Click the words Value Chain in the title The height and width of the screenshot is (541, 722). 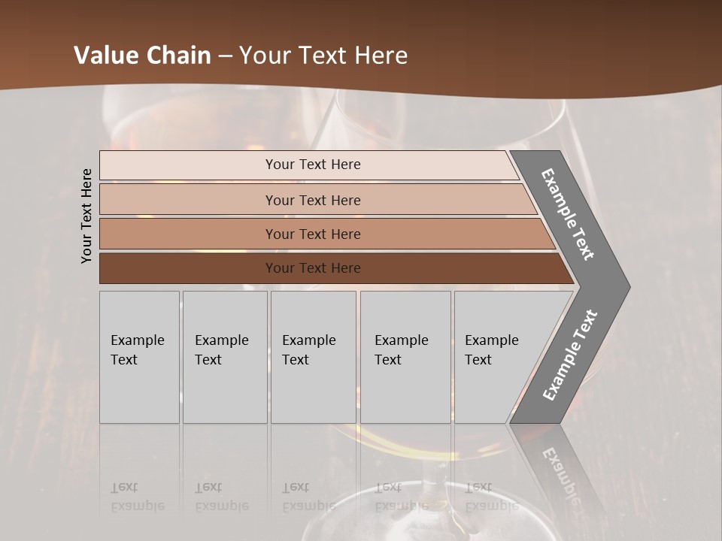(142, 56)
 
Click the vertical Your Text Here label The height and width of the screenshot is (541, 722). (86, 216)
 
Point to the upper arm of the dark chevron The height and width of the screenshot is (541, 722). (569, 214)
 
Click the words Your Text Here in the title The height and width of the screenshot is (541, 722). (323, 56)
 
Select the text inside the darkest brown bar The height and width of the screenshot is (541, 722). (313, 268)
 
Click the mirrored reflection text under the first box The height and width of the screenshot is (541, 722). (137, 497)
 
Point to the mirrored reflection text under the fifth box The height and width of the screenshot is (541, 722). (491, 497)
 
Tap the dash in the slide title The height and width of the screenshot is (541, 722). (225, 56)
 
